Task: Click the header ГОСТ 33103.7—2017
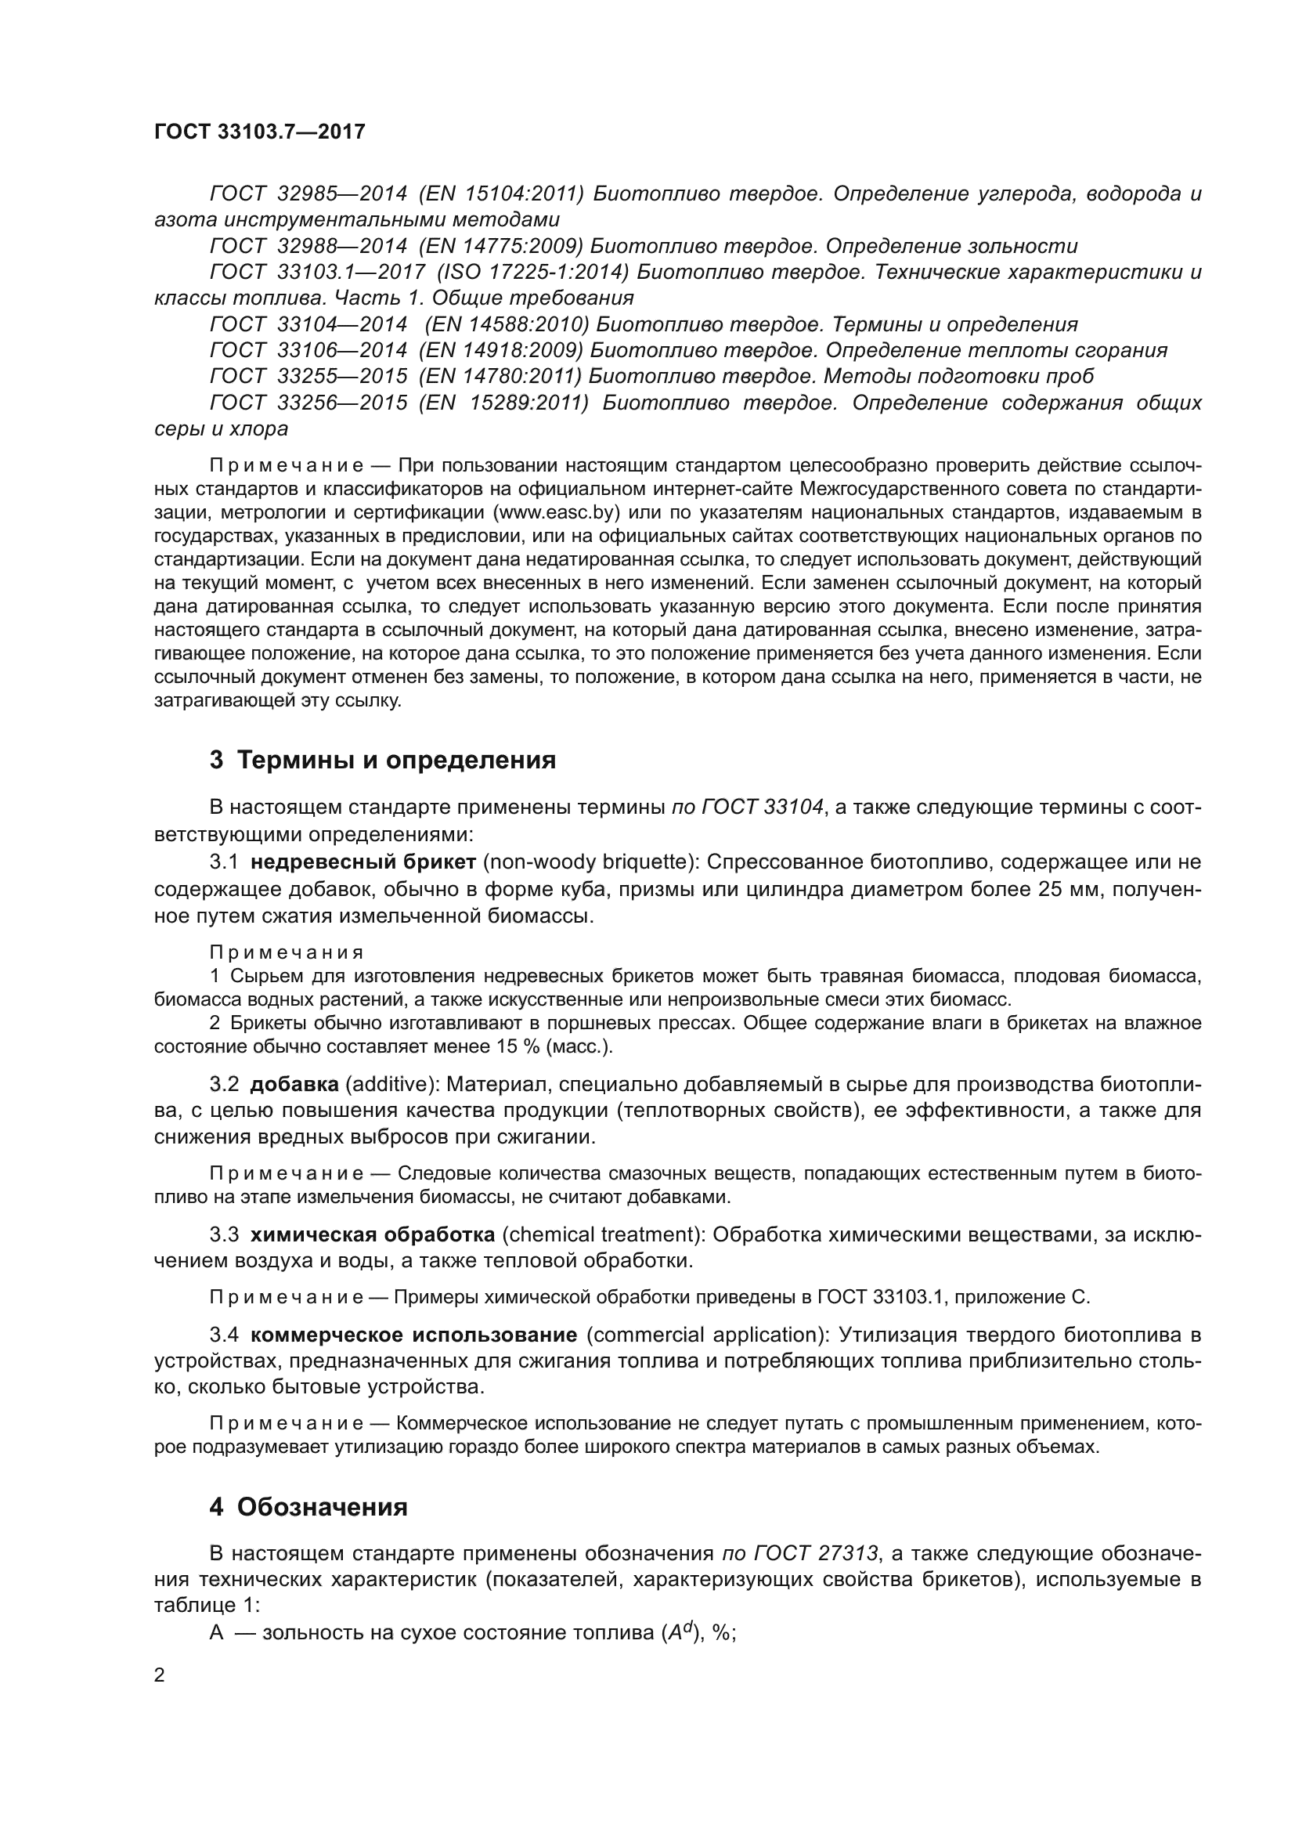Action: [259, 132]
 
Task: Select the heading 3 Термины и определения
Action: [383, 760]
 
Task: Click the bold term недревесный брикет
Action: [363, 862]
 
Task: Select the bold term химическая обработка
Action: [373, 1234]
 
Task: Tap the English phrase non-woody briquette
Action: [588, 862]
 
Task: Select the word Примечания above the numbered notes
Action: [287, 952]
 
